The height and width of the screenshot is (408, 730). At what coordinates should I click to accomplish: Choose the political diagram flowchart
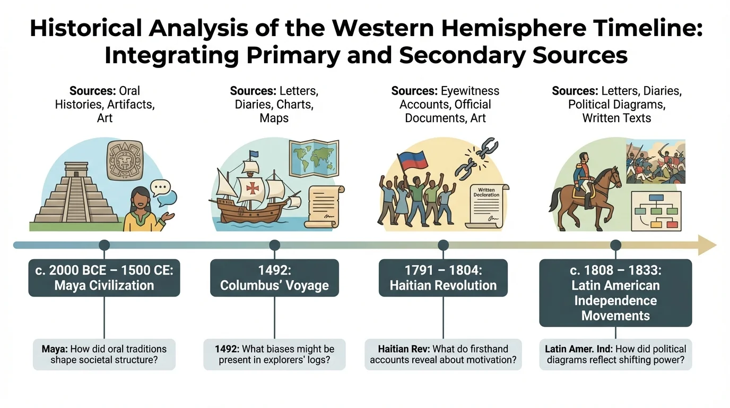(x=657, y=211)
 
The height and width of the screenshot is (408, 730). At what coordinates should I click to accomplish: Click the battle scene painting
(x=656, y=162)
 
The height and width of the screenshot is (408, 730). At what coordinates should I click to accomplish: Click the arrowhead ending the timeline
(x=707, y=245)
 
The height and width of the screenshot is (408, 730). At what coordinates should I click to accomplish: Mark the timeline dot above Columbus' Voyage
(x=274, y=245)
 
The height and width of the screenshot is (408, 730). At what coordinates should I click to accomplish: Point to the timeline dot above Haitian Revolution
(x=443, y=245)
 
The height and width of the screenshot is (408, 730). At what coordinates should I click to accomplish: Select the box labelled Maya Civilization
(x=104, y=278)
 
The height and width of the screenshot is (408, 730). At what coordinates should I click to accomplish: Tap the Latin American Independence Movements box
(x=615, y=293)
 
